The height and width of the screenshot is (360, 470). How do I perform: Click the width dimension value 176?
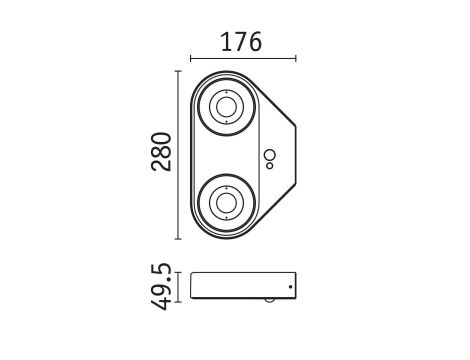click(x=240, y=42)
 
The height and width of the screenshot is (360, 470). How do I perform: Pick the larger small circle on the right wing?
click(x=268, y=155)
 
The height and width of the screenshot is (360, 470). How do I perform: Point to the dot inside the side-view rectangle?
click(x=290, y=286)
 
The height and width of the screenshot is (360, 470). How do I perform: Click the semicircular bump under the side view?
click(x=270, y=300)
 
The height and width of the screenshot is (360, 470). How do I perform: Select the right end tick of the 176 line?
click(x=296, y=58)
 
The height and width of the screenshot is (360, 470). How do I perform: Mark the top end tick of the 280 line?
click(x=178, y=71)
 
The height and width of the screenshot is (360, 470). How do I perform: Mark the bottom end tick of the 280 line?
click(x=178, y=240)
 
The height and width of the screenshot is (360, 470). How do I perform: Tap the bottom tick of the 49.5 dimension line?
click(x=178, y=299)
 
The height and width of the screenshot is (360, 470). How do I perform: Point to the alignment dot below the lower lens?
click(x=224, y=224)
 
